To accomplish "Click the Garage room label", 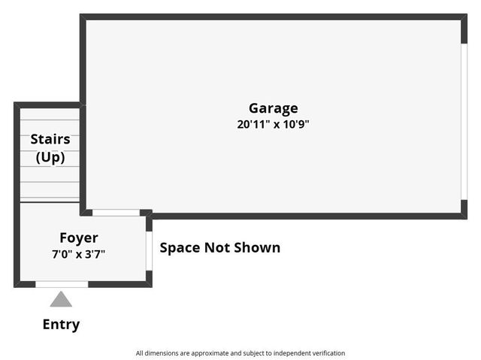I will click(x=273, y=108).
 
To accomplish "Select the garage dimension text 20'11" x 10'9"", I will click(x=273, y=125).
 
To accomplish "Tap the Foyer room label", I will click(x=79, y=238).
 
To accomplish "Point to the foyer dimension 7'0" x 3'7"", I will click(x=78, y=254).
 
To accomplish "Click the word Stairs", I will click(x=50, y=139).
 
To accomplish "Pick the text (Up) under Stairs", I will click(x=50, y=158).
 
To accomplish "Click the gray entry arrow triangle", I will click(x=61, y=300).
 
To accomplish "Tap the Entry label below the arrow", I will click(x=61, y=325).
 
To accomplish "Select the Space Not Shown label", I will click(x=220, y=247).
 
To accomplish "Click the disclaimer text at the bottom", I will click(x=240, y=352).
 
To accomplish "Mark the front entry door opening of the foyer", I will click(x=62, y=284).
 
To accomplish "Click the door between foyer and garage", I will click(x=116, y=213).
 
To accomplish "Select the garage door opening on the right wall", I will click(x=464, y=116).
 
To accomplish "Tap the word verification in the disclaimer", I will click(x=324, y=352).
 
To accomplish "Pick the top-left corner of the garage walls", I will click(x=83, y=17).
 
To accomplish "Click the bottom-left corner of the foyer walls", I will click(x=17, y=284).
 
